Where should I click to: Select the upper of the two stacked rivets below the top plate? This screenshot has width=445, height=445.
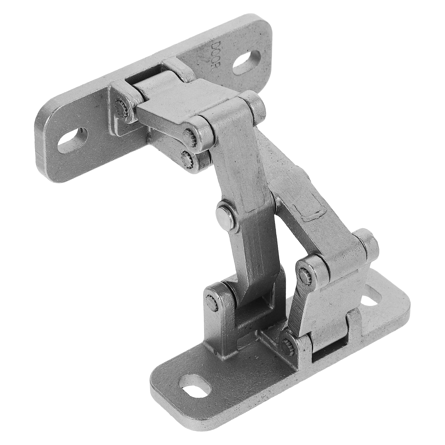tap(190, 136)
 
